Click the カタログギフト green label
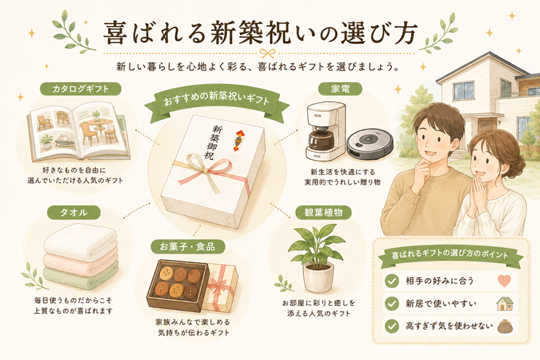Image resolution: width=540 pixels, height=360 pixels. click(x=81, y=89)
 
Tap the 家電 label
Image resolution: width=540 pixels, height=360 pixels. click(x=340, y=89)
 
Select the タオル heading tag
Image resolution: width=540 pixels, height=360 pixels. click(x=73, y=212)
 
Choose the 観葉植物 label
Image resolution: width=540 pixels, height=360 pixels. click(x=323, y=212)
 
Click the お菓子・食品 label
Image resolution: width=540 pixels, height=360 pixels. click(x=188, y=247)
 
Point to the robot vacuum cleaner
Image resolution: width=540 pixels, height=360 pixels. click(x=369, y=143)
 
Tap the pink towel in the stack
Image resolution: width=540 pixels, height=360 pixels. click(x=81, y=264)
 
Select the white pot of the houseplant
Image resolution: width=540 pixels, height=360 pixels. click(x=318, y=276)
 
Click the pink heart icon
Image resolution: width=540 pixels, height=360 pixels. click(x=504, y=281)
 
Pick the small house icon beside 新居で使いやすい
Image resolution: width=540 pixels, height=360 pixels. click(x=505, y=304)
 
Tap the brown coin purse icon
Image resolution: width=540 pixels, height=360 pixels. click(x=505, y=327)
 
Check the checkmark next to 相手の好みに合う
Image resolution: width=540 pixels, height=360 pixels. click(x=392, y=281)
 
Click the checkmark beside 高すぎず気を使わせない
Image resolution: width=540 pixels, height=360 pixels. click(x=392, y=326)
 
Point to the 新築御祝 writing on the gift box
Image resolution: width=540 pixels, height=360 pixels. click(x=212, y=142)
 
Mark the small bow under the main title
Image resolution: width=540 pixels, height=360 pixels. click(x=268, y=53)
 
